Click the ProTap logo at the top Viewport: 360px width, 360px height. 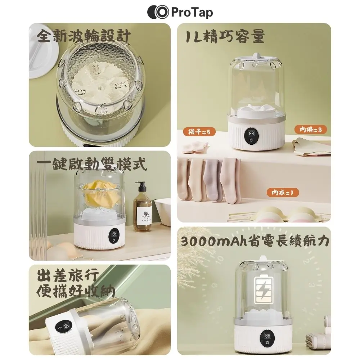(x=180, y=12)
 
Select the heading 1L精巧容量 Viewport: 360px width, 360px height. (x=225, y=36)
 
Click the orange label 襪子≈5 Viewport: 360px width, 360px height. (x=199, y=132)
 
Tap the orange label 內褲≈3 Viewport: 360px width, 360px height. (x=310, y=130)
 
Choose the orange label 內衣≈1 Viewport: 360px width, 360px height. (x=283, y=192)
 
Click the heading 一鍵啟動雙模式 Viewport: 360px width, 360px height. (x=91, y=164)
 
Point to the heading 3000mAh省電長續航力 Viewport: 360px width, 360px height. (x=255, y=241)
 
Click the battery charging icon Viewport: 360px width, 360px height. (x=264, y=290)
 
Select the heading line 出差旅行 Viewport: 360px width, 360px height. (x=68, y=275)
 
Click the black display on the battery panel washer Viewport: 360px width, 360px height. (x=267, y=338)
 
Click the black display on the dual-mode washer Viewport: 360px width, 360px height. (x=114, y=237)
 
